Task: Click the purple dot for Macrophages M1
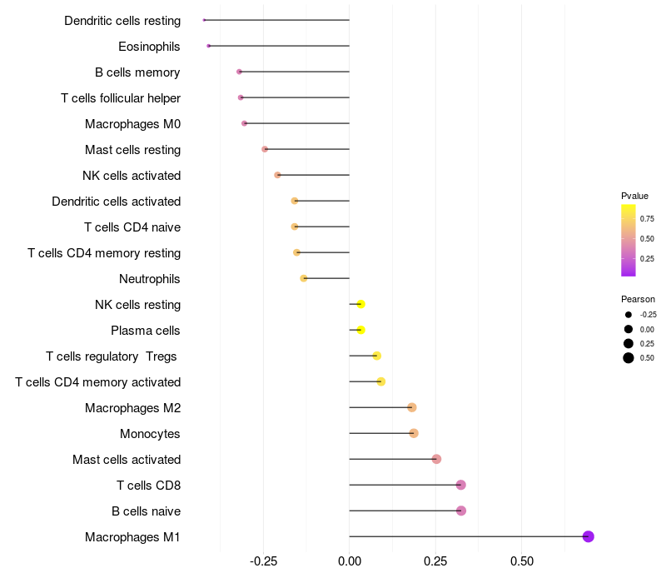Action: coord(588,536)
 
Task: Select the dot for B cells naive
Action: coord(461,511)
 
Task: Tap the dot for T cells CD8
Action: coord(461,485)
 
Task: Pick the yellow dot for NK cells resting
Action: coord(360,304)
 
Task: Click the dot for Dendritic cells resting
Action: coord(204,20)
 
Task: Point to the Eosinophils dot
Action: coord(208,46)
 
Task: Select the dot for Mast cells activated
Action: coord(436,459)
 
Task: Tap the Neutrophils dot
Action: coord(304,278)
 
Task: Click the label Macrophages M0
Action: coord(132,124)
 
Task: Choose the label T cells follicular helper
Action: coord(121,98)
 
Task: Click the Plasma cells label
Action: coord(146,331)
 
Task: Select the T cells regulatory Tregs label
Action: coord(112,356)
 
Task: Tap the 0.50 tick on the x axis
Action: coord(521,561)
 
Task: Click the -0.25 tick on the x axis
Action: coord(263,561)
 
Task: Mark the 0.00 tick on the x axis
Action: coord(350,561)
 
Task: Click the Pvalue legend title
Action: coord(634,196)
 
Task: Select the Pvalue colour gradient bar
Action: coord(629,240)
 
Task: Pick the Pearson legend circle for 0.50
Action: coord(629,358)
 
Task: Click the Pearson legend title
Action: coord(638,299)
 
